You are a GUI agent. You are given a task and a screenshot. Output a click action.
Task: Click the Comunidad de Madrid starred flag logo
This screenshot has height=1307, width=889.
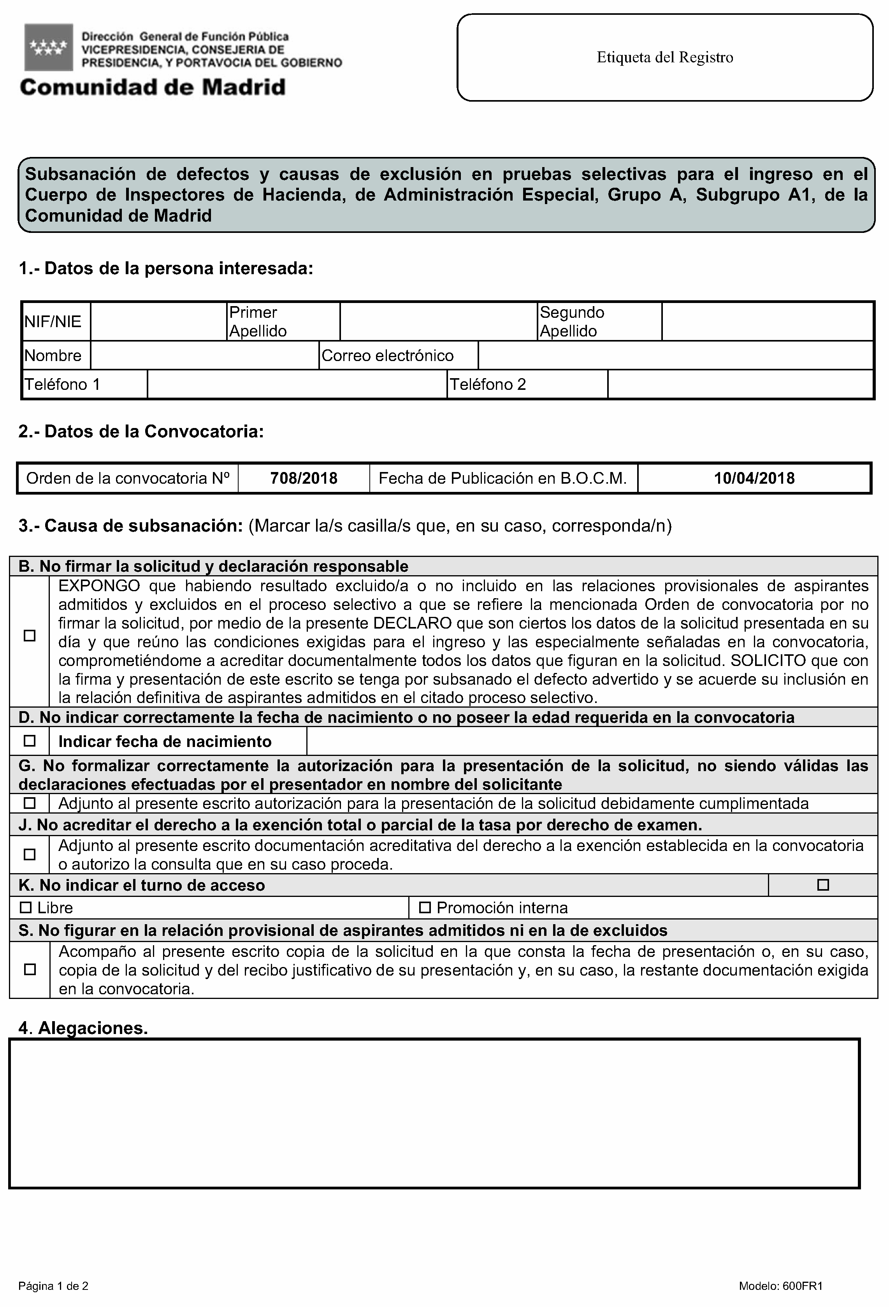tap(48, 47)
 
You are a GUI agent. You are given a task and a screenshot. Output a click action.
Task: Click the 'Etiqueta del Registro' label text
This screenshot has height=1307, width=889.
tap(664, 57)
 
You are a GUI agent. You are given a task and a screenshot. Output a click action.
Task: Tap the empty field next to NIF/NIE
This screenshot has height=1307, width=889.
tap(158, 322)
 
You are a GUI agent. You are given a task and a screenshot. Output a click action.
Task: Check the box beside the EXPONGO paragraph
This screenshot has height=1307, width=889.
tap(30, 636)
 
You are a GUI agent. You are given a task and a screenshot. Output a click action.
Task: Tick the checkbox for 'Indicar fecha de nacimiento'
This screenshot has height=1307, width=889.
tap(30, 741)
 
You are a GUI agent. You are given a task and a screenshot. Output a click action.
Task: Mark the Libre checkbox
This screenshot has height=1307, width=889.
tap(26, 907)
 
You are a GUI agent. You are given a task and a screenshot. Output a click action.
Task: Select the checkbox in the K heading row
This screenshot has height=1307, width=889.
tap(823, 885)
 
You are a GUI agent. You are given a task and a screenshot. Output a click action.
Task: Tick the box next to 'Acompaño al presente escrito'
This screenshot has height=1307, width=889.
tap(30, 970)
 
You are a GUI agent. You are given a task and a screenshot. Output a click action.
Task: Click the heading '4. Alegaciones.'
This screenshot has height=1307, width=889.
tap(83, 1028)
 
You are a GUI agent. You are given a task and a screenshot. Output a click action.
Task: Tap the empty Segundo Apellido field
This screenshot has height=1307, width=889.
tap(767, 322)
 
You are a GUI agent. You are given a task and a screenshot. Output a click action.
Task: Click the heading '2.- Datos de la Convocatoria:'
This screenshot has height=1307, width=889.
tap(141, 432)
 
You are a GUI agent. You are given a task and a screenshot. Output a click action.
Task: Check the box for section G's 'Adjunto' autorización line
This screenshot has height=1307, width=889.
tap(30, 803)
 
